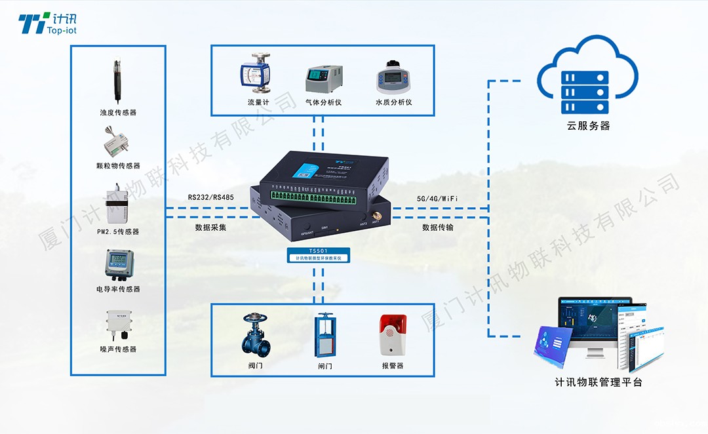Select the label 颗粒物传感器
[x=118, y=166]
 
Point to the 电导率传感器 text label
[x=118, y=289]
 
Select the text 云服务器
[x=588, y=126]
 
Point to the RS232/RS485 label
[x=210, y=197]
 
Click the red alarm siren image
[x=393, y=334]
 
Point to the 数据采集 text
[x=210, y=227]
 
